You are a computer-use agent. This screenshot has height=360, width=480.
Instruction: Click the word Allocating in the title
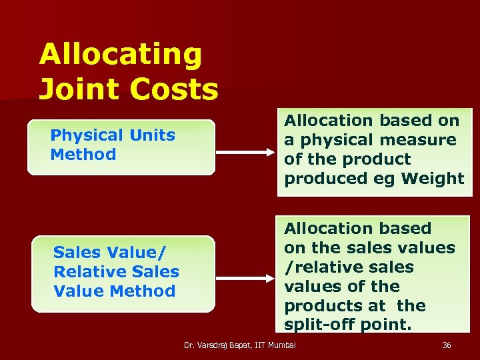[x=120, y=55]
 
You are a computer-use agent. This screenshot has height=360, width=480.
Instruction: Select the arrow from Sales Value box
[x=246, y=274]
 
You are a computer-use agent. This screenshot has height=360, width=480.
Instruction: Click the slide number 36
[x=447, y=345]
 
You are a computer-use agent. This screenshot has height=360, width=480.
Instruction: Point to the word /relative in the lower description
[x=315, y=267]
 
